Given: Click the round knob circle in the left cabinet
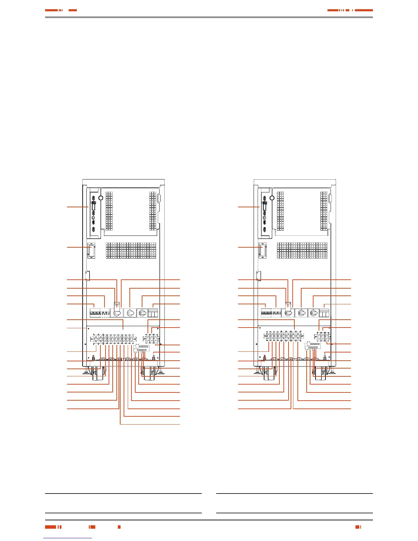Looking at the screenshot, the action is point(100,198).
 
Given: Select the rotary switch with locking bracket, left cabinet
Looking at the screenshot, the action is point(117,312).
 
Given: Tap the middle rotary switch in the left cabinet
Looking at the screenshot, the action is point(130,313).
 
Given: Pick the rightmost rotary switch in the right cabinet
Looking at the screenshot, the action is point(313,313).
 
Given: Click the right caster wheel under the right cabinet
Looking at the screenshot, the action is point(321,374).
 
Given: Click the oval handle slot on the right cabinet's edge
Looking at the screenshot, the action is point(331,199).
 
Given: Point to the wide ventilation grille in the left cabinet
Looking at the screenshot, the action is point(131,255).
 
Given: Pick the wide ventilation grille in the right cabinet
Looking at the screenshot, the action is point(302,255).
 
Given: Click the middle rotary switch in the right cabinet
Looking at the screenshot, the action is point(301,313).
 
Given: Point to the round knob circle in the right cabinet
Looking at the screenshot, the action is point(272,198).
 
